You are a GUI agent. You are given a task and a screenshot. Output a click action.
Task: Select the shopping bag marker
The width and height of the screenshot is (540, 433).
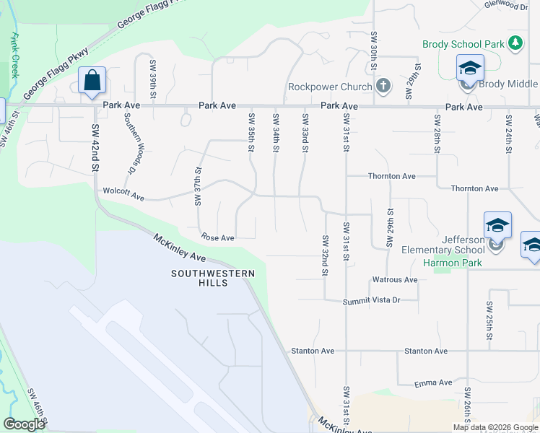pos(92,80)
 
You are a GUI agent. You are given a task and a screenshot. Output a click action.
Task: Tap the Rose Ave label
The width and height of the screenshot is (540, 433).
pos(217,237)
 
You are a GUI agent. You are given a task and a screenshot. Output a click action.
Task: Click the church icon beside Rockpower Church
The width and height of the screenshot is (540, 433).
pos(383,87)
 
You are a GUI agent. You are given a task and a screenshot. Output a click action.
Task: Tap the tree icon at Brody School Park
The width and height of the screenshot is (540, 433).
pos(515,44)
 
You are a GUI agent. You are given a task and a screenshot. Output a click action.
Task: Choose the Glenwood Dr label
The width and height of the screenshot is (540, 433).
pos(507,6)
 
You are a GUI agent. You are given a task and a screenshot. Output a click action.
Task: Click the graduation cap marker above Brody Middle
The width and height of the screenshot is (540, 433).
pos(470,69)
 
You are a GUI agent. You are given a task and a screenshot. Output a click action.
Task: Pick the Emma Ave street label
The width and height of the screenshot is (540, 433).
pos(433,382)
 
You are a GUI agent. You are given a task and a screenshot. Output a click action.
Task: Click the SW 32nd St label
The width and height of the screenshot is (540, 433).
pos(326,255)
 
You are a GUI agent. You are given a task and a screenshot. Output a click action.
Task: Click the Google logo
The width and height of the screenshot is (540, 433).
pos(24,424)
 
